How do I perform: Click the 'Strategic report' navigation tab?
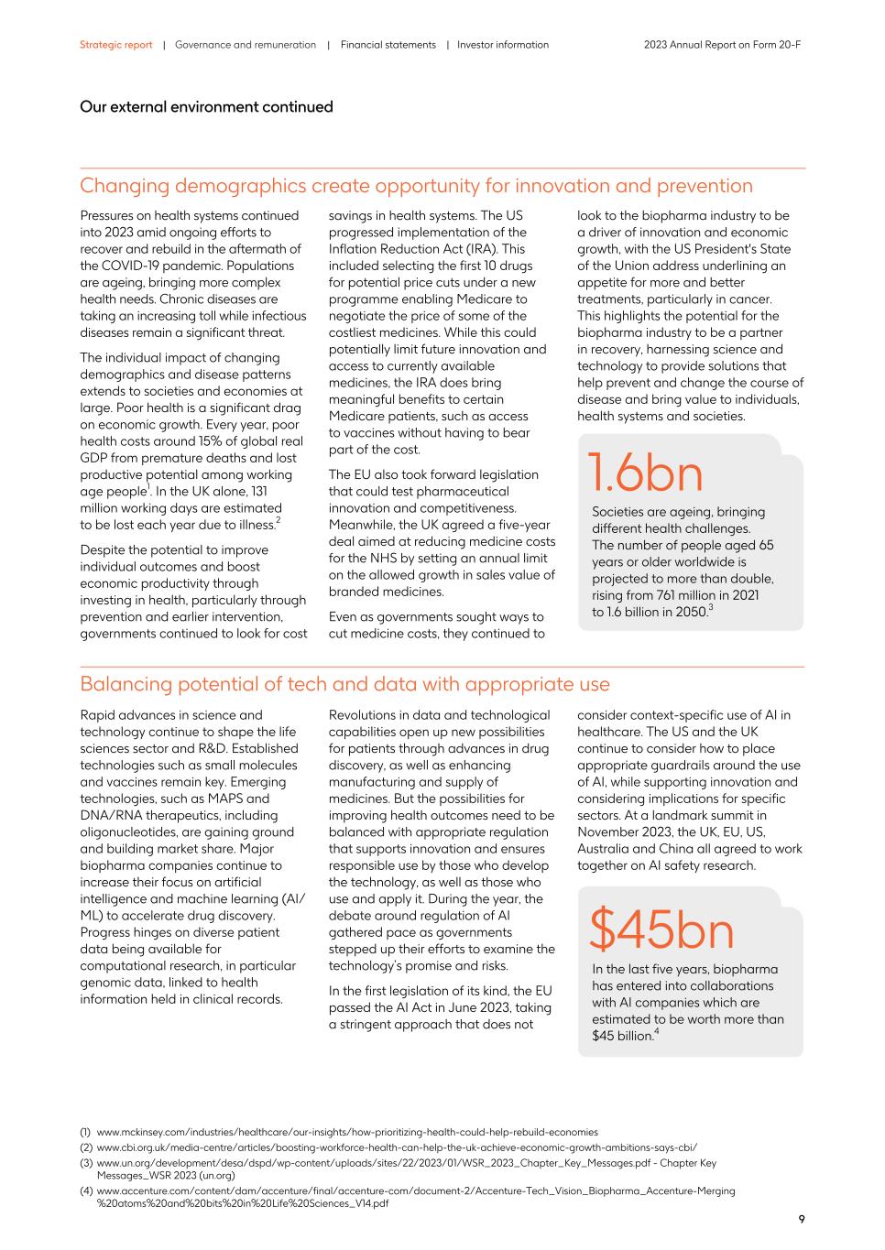tap(115, 45)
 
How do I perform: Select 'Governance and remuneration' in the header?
tap(245, 45)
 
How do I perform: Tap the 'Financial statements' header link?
tap(388, 45)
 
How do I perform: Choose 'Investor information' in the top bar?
tap(503, 45)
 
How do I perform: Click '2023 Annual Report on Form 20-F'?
tap(722, 45)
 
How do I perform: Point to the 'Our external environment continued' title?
tap(206, 107)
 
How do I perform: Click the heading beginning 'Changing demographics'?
tap(416, 186)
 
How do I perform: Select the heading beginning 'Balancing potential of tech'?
tap(344, 684)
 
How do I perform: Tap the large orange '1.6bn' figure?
tap(645, 473)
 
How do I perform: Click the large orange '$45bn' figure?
tap(661, 929)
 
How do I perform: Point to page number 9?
tap(801, 1219)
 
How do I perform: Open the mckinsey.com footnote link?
tap(346, 1132)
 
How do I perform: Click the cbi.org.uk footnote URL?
tap(396, 1147)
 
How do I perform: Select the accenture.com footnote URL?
tap(415, 1191)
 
